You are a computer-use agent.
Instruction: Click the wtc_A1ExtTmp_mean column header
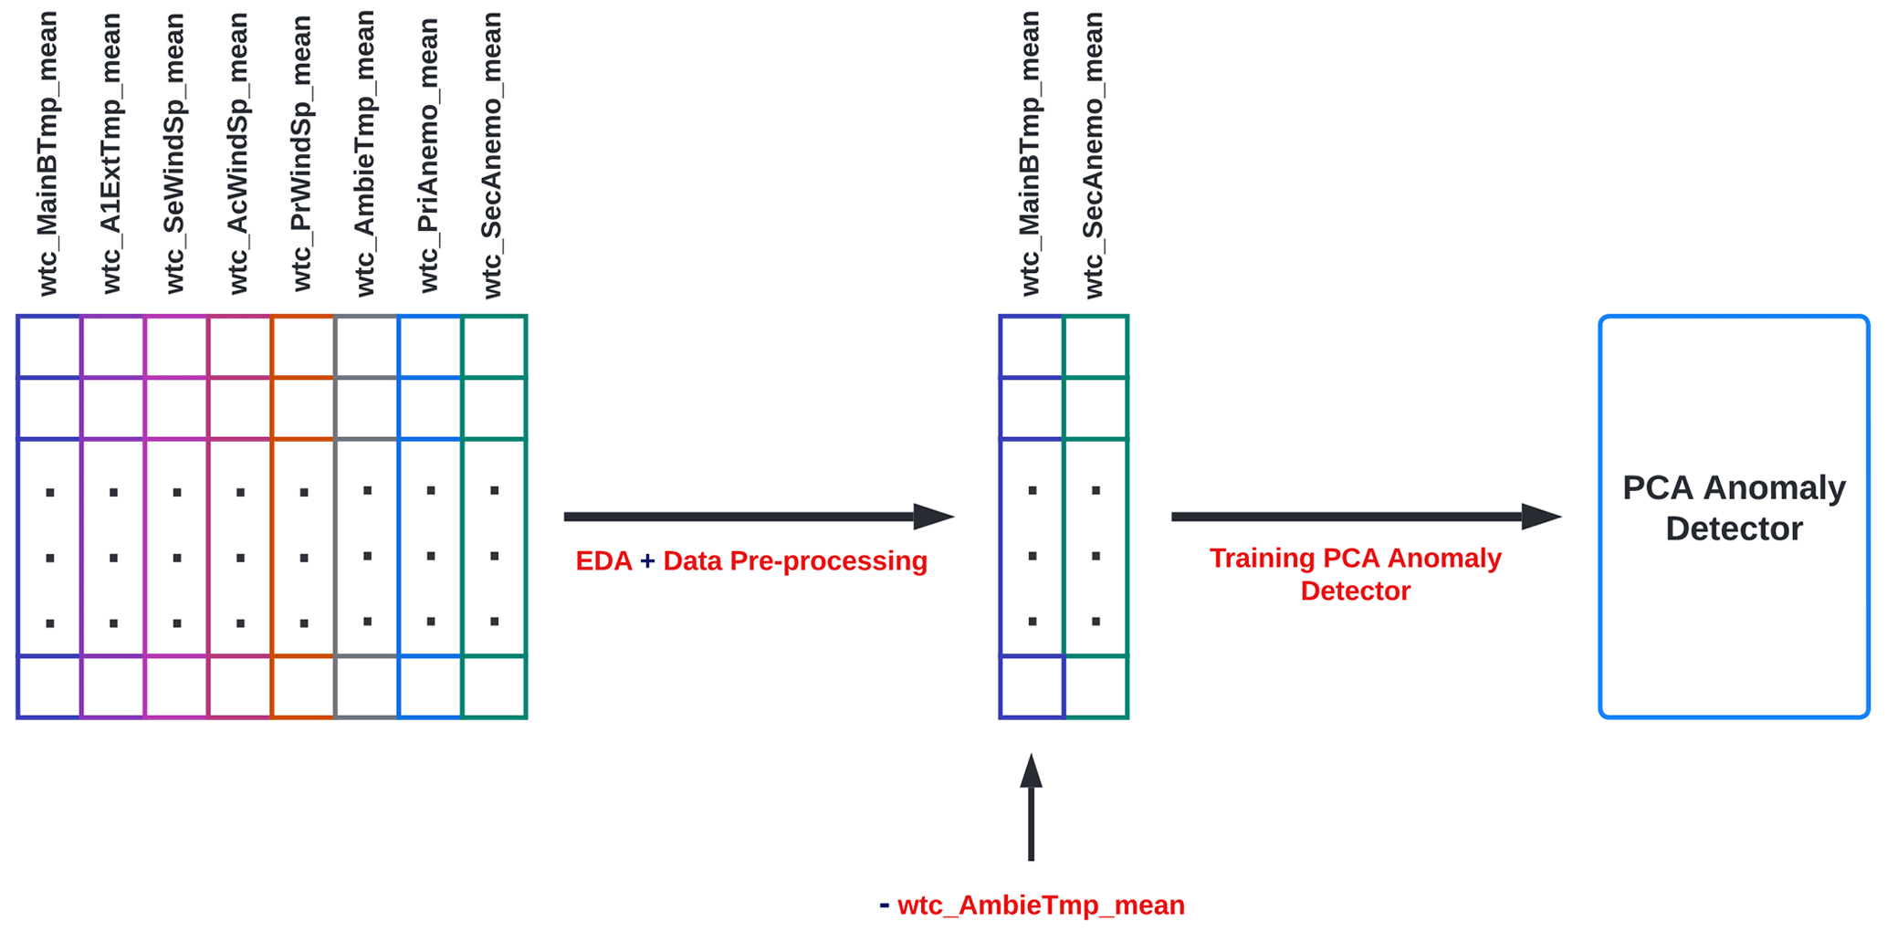pyautogui.click(x=110, y=153)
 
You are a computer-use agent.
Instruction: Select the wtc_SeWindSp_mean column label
pyautogui.click(x=174, y=153)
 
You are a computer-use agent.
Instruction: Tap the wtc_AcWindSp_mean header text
pyautogui.click(x=237, y=153)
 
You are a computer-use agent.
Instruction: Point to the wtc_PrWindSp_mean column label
pyautogui.click(x=301, y=153)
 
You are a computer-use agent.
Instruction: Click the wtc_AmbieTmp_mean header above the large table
pyautogui.click(x=365, y=153)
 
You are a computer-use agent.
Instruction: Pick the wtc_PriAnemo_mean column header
pyautogui.click(x=428, y=153)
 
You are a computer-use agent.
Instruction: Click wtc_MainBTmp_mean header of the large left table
pyautogui.click(x=47, y=153)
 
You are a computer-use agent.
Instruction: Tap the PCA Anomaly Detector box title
pyautogui.click(x=1733, y=507)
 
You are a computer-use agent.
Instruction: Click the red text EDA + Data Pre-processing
pyautogui.click(x=750, y=560)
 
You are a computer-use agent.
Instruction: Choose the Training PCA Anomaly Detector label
pyautogui.click(x=1355, y=574)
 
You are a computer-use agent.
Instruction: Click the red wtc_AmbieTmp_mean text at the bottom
pyautogui.click(x=1041, y=905)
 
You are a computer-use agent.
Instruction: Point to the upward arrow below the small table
pyautogui.click(x=1032, y=808)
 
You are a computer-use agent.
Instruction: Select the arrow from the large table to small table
pyautogui.click(x=758, y=517)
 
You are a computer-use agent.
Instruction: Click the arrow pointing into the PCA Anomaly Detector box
pyautogui.click(x=1365, y=517)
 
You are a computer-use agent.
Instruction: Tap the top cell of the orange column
pyautogui.click(x=303, y=347)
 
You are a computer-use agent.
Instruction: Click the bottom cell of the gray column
pyautogui.click(x=366, y=686)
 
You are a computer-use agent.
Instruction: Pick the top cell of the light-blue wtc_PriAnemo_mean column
pyautogui.click(x=430, y=347)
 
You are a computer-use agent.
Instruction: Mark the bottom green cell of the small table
pyautogui.click(x=1096, y=686)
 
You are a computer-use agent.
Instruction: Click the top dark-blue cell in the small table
pyautogui.click(x=1032, y=347)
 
